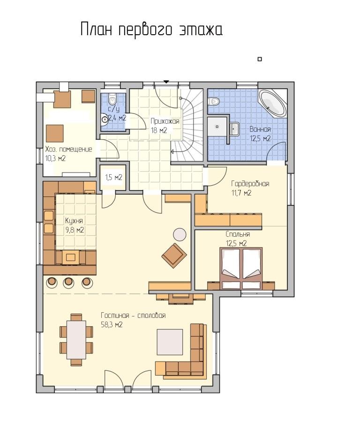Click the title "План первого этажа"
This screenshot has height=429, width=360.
[x=151, y=30]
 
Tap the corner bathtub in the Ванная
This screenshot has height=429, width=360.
[x=273, y=103]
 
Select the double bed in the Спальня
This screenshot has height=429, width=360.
[x=241, y=268]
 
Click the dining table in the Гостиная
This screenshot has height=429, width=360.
[x=76, y=339]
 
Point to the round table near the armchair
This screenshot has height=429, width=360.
[x=180, y=235]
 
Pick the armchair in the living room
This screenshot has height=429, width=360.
[x=174, y=256]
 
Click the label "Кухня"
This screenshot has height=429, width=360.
[x=74, y=220]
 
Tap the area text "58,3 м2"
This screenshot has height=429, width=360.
[x=112, y=325]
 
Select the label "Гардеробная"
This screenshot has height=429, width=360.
[x=250, y=183]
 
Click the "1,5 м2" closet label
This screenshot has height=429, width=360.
[x=113, y=177]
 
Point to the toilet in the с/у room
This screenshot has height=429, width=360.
[x=112, y=99]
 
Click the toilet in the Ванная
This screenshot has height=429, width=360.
[x=214, y=101]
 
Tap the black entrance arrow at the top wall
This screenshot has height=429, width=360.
[x=166, y=82]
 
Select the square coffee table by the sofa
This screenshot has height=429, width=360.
[x=170, y=342]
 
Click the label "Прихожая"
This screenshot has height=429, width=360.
[x=165, y=121]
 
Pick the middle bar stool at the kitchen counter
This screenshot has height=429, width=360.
[x=68, y=282]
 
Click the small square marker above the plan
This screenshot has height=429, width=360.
[x=260, y=59]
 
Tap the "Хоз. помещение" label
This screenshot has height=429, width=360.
[x=68, y=150]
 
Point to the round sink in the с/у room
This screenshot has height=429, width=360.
[x=105, y=119]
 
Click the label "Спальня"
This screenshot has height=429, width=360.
[x=238, y=234]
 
